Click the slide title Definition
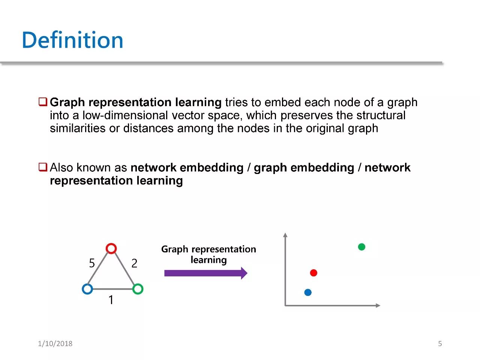(72, 40)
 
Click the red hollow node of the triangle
(111, 248)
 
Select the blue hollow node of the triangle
(87, 289)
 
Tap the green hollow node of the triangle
(138, 289)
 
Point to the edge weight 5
(92, 264)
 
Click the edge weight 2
(134, 264)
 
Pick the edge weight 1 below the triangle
(111, 300)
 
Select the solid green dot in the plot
(361, 247)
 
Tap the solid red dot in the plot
(313, 273)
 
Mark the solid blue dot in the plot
(308, 292)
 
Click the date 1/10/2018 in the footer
(55, 343)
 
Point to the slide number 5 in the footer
(440, 343)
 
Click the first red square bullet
(43, 102)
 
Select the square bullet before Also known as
(43, 167)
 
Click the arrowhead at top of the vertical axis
(285, 235)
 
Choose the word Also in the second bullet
(61, 168)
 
